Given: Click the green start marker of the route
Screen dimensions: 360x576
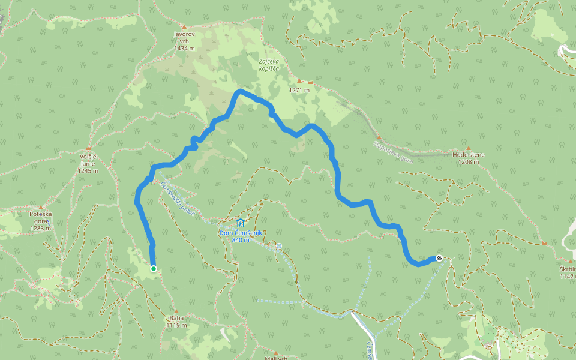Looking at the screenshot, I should click(x=154, y=269).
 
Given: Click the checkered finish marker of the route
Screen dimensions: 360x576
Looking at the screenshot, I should click(x=440, y=258).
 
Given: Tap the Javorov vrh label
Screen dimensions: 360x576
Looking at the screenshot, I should click(x=185, y=38).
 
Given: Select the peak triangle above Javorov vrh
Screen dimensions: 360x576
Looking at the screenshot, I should click(x=184, y=27).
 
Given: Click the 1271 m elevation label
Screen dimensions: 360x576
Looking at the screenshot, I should click(x=299, y=91).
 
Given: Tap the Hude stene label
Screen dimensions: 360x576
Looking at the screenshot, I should click(x=469, y=155).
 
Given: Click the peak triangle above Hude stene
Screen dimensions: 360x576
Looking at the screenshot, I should click(x=469, y=148).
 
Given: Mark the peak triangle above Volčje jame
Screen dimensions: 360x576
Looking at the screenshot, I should click(x=88, y=148).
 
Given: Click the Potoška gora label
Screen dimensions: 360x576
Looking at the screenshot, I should click(x=42, y=217).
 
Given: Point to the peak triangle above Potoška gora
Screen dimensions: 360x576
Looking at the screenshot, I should click(x=41, y=207).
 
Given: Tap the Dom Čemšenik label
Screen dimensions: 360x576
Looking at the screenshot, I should click(x=240, y=233).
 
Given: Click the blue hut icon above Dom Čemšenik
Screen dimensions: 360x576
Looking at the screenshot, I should click(x=240, y=223).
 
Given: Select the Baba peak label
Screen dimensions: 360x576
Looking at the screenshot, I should click(x=176, y=319).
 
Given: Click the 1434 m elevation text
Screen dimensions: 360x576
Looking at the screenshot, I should click(x=185, y=48).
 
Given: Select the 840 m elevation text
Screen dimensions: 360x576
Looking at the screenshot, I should click(x=240, y=240).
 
